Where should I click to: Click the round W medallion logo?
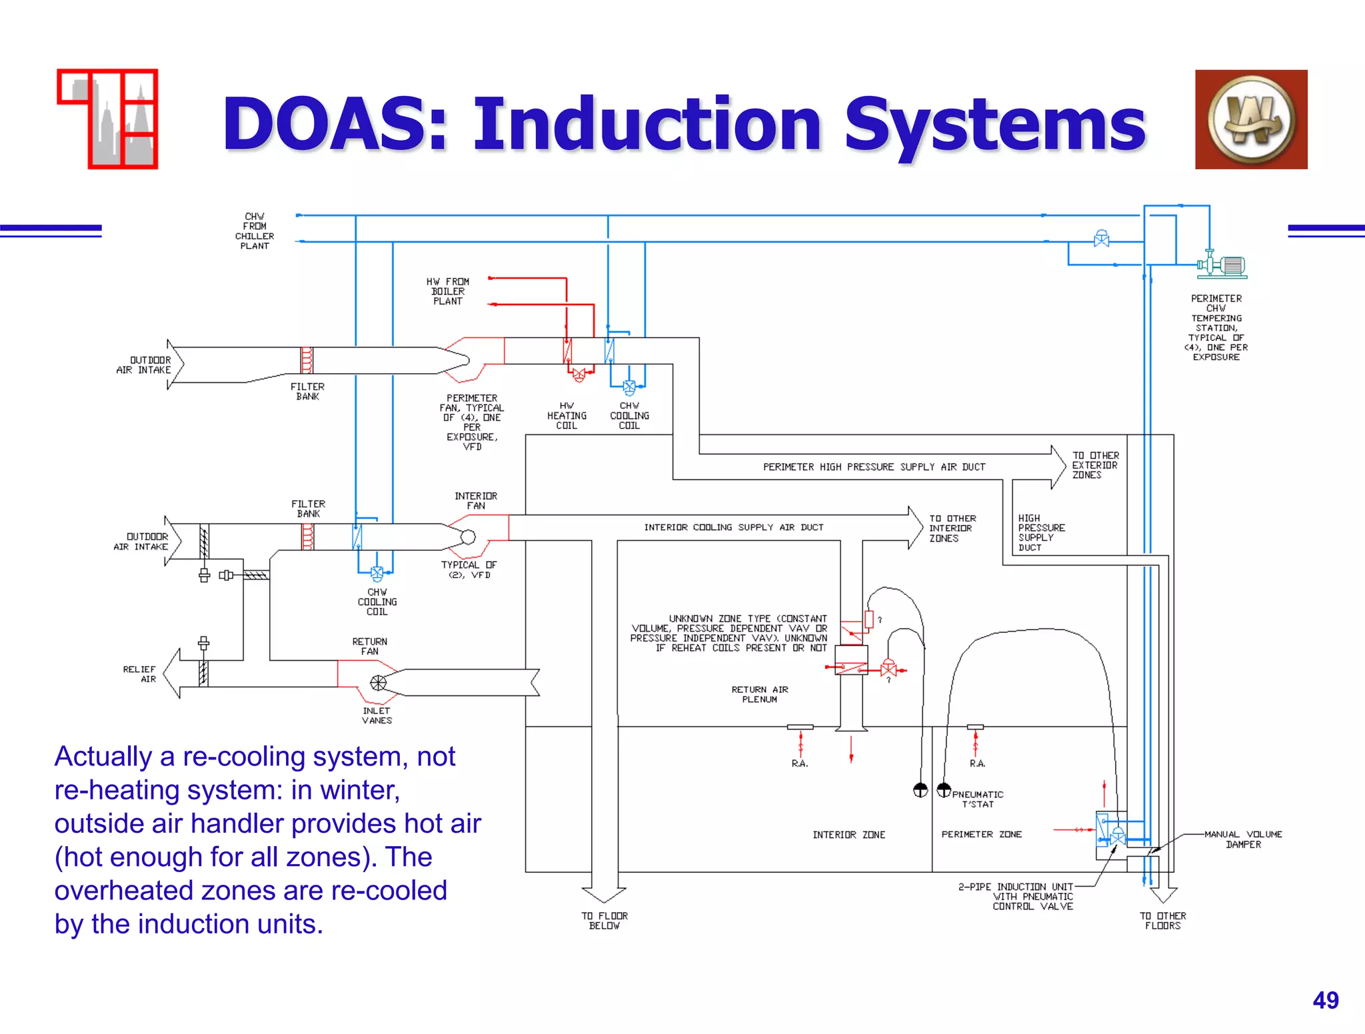coord(1251,120)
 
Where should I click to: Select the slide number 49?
coord(1325,1000)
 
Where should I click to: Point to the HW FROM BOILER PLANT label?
coord(448,292)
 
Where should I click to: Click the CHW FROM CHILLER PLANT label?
coord(255,231)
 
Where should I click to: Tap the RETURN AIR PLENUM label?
coord(759,694)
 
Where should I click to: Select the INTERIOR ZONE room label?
coord(848,835)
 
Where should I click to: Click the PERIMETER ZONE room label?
coord(981,834)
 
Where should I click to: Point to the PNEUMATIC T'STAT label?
coord(977,799)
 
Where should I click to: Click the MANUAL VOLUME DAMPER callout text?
coord(1243,839)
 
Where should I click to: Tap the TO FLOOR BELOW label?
coord(605,921)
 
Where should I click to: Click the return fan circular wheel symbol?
coord(378,683)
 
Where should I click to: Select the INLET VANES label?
coord(377,716)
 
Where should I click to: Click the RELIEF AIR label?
coord(139,674)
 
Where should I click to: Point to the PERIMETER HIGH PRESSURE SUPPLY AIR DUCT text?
coord(874,467)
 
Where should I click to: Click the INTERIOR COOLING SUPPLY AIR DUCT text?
coord(733,527)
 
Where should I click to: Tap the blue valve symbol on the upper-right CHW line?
coord(1101,239)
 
